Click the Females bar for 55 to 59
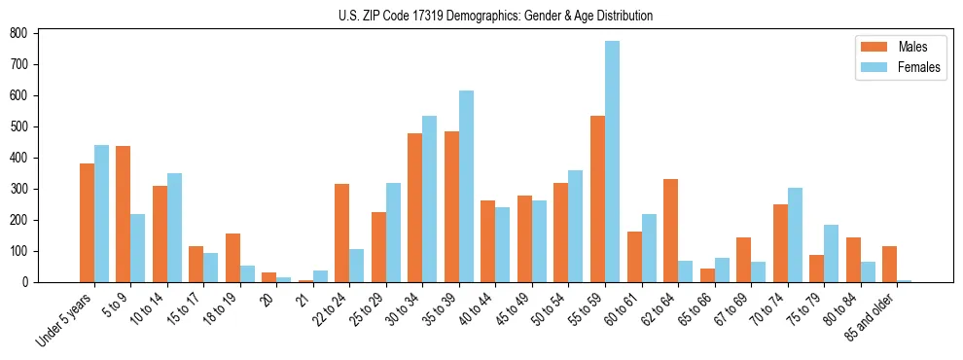[612, 162]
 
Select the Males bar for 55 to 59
[597, 199]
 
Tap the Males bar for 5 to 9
[124, 214]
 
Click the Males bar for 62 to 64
[670, 231]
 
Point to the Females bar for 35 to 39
[466, 186]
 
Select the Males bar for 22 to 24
[342, 233]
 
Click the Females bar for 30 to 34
[430, 198]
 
